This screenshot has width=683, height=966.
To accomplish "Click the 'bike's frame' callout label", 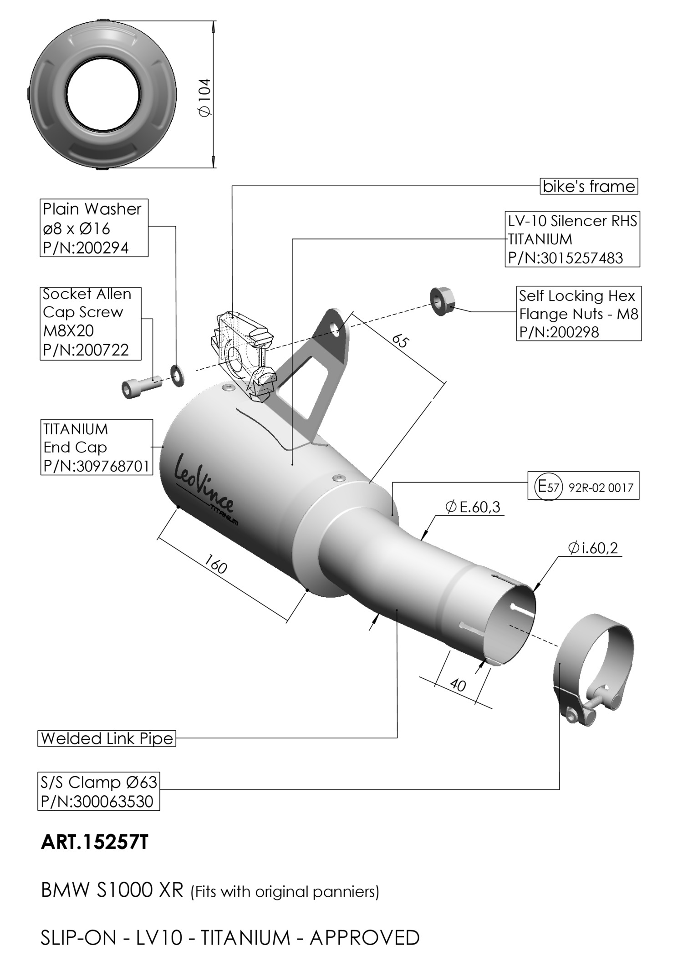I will pos(589,186).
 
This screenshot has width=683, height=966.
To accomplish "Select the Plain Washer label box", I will pos(94,228).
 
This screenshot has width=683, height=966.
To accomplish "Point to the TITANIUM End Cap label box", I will pos(97,447).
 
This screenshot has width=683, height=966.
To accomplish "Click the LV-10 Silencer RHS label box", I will pos(572,239).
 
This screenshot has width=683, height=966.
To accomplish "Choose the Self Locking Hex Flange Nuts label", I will pos(578,314).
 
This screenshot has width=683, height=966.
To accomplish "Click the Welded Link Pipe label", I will pos(107,738).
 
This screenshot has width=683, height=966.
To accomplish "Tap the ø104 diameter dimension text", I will pos(205,97).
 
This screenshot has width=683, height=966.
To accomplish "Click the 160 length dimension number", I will pos(215,564).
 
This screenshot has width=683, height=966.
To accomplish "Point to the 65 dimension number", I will pos(400,341).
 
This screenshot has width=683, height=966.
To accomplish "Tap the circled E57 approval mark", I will pos(548,487).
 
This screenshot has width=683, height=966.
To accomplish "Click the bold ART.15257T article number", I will pos(95,842).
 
